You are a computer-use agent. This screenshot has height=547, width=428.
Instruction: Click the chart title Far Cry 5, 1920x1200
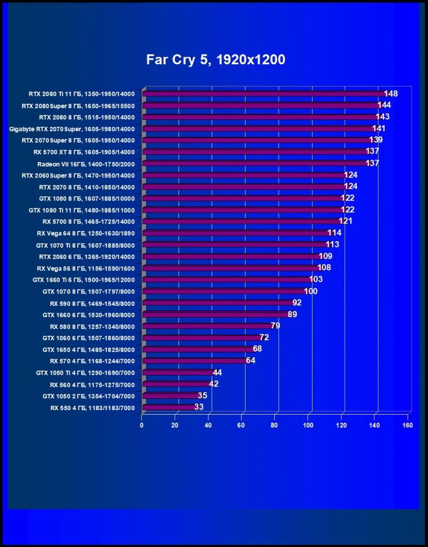[x=216, y=60]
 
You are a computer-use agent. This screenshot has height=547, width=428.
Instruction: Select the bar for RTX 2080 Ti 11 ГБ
[x=265, y=94]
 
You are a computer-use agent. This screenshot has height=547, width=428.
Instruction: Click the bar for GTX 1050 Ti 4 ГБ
[x=179, y=372]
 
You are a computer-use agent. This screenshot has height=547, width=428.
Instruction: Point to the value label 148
[x=391, y=94]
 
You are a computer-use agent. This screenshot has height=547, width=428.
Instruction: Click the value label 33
[x=199, y=407]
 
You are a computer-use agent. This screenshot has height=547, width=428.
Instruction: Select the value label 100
[x=311, y=291]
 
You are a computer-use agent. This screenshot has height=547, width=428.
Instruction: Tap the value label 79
[x=275, y=326]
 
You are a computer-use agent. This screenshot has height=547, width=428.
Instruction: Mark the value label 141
[x=378, y=128]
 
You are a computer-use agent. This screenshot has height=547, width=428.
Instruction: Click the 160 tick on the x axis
[x=408, y=425]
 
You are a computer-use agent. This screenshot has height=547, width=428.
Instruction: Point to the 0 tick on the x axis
[x=142, y=425]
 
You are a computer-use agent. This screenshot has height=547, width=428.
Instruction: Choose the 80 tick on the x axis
[x=275, y=425]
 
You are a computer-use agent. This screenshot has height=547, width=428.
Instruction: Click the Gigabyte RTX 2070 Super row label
[x=72, y=129]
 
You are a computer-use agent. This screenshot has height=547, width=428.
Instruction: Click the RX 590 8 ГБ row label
[x=92, y=303]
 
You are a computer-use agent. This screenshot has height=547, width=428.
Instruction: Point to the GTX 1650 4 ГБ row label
[x=88, y=349]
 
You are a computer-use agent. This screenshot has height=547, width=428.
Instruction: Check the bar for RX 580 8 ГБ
[x=207, y=326]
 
